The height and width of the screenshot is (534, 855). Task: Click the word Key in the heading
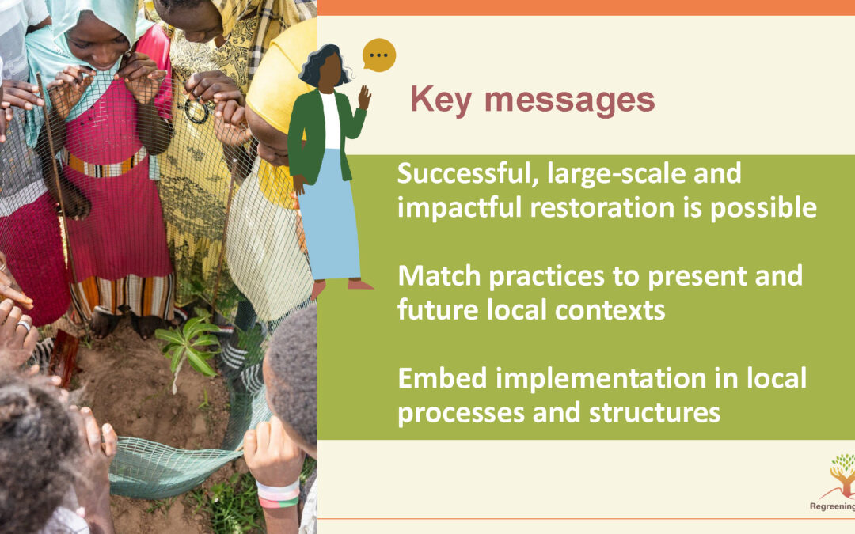[441, 100]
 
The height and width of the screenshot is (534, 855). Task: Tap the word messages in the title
[569, 100]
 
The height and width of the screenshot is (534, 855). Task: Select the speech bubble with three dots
[379, 55]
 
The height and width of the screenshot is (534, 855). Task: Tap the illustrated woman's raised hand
[364, 97]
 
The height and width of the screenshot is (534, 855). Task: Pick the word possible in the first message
[763, 209]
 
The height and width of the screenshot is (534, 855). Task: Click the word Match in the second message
[439, 276]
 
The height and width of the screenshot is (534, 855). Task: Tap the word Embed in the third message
[443, 378]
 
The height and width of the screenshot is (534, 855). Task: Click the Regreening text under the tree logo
[832, 507]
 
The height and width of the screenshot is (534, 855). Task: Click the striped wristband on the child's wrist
[278, 494]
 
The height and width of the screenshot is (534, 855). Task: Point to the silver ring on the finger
[24, 326]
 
